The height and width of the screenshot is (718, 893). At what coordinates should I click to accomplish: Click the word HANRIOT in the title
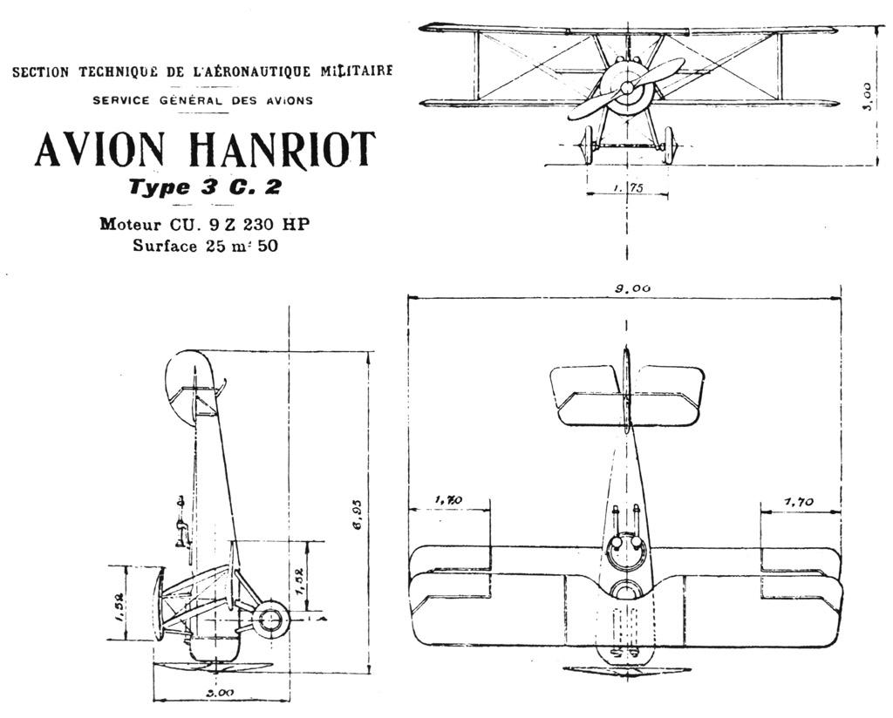coord(282,150)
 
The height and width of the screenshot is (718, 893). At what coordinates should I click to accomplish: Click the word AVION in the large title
coord(99,150)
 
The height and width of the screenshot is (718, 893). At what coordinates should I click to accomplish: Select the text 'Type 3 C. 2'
coord(204,187)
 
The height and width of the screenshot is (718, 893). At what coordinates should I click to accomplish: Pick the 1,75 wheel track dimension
coord(626,187)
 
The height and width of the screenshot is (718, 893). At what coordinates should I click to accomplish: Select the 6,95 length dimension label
coord(358,516)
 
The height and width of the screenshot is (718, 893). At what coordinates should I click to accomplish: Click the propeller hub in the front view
coord(626,88)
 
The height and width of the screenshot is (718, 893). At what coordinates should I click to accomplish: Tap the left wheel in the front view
coord(586,146)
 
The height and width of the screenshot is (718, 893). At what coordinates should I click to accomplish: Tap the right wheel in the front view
coord(668,146)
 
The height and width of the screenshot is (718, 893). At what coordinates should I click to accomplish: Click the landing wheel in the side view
coord(269,621)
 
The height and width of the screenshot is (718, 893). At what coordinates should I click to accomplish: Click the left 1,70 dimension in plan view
coord(449,500)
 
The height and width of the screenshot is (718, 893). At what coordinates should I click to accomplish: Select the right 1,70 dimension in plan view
coord(799,501)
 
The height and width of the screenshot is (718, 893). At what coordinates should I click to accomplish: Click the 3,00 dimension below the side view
coord(220,693)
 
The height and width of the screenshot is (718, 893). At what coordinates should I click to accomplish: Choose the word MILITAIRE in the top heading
coord(356,71)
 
